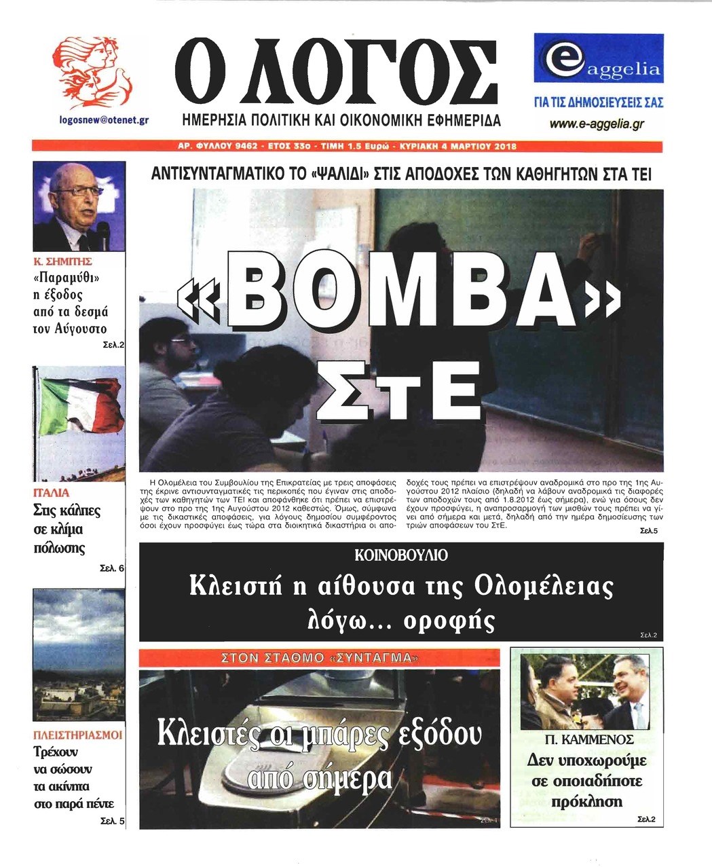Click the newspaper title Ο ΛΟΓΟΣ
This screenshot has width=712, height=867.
[336, 71]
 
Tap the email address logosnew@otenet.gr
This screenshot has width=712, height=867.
[104, 120]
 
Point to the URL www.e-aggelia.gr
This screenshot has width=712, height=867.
[597, 124]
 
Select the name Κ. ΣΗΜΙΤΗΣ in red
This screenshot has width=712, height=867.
[63, 261]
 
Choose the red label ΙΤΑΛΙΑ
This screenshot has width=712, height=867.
[52, 492]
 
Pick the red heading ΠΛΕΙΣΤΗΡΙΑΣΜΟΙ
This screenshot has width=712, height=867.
[78, 735]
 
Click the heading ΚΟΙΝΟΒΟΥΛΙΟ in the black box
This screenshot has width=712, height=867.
[401, 555]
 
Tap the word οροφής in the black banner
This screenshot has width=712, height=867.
[459, 620]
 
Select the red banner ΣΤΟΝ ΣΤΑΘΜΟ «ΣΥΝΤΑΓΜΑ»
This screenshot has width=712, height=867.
[319, 657]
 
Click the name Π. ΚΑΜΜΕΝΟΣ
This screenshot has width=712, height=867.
[588, 739]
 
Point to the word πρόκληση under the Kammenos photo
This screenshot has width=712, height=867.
[586, 801]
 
